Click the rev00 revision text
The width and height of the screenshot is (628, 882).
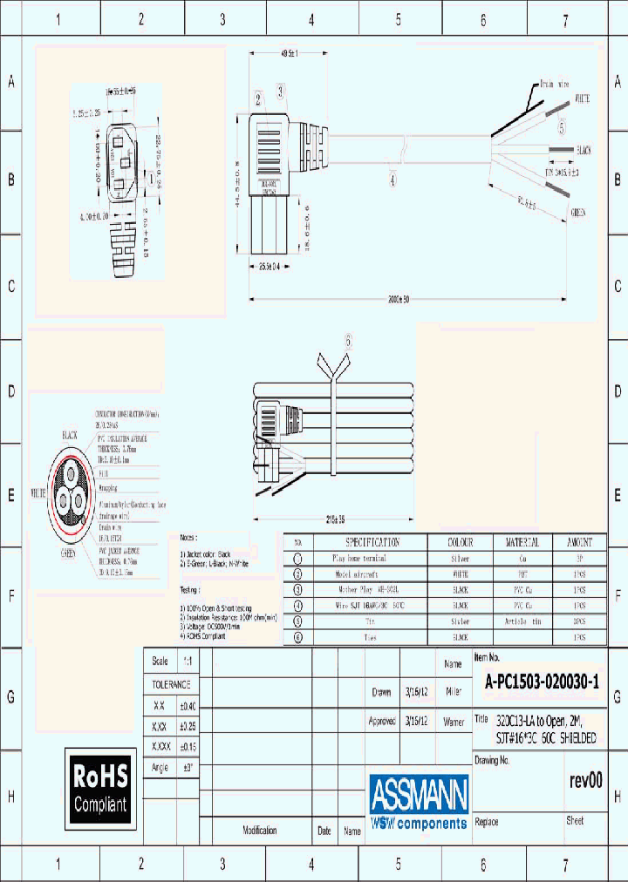pyautogui.click(x=585, y=780)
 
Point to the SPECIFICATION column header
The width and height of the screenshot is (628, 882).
pyautogui.click(x=366, y=541)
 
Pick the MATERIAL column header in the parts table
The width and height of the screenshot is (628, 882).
pyautogui.click(x=522, y=541)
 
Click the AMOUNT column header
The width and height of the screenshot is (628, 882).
pyautogui.click(x=578, y=541)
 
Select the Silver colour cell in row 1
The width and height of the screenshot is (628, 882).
pyautogui.click(x=459, y=558)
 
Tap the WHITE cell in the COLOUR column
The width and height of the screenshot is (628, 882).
pyautogui.click(x=459, y=574)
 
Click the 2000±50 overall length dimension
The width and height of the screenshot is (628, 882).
pyautogui.click(x=398, y=299)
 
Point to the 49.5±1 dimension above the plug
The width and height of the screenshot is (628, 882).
pyautogui.click(x=289, y=54)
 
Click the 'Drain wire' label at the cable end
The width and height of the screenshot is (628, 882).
pyautogui.click(x=555, y=85)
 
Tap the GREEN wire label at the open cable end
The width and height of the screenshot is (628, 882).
pyautogui.click(x=578, y=212)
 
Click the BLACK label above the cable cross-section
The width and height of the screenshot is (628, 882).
pyautogui.click(x=70, y=434)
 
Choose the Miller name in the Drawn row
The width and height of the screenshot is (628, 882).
pyautogui.click(x=453, y=692)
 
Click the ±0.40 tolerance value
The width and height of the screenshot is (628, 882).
pyautogui.click(x=188, y=705)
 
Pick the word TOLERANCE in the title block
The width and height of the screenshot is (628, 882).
pyautogui.click(x=171, y=684)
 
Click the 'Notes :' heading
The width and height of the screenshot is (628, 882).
pyautogui.click(x=188, y=538)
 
